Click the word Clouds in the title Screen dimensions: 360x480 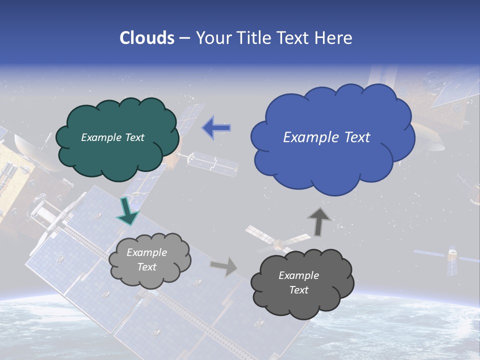coord(146,38)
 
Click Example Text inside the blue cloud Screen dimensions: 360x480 coord(326,137)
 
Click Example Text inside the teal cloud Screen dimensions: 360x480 coord(112,137)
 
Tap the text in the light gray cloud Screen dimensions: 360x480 coord(147,259)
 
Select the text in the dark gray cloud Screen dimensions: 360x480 coord(298,282)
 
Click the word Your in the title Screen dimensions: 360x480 coord(213,38)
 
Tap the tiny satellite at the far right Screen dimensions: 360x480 coord(451,258)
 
